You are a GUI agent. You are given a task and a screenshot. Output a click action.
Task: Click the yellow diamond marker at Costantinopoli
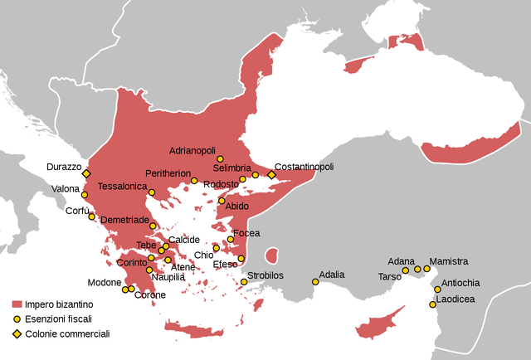271,175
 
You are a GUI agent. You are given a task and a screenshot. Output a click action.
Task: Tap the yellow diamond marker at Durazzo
85,173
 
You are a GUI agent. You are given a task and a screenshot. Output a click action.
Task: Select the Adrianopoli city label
192,151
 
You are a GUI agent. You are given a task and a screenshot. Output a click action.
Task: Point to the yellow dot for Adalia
315,282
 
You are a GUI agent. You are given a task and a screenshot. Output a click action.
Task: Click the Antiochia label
460,282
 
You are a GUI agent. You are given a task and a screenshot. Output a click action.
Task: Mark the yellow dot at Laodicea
432,304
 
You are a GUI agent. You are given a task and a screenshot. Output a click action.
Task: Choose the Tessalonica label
122,187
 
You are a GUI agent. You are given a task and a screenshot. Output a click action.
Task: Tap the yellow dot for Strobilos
244,282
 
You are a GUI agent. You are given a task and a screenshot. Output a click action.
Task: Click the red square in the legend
17,304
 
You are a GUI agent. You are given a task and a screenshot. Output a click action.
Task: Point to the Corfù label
78,211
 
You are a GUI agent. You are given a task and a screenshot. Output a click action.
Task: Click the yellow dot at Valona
84,195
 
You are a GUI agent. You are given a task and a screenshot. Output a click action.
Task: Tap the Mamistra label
449,261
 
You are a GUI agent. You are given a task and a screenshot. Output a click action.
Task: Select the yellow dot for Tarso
406,270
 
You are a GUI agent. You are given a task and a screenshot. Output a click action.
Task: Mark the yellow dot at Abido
222,201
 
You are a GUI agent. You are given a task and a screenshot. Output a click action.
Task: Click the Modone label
104,283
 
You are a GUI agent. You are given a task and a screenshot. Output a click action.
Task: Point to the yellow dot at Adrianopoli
220,158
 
